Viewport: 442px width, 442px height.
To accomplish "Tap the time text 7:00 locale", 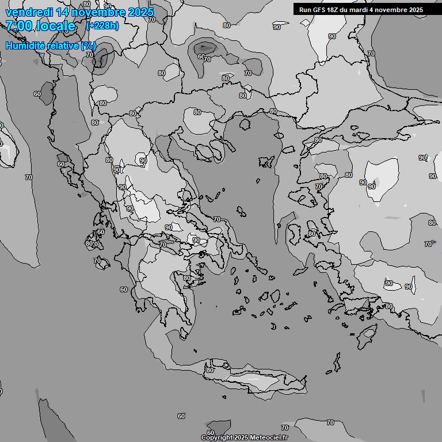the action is (x=40, y=26).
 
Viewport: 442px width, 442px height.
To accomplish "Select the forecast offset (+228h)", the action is (x=102, y=25).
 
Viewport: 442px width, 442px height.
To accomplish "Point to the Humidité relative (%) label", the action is (x=51, y=45).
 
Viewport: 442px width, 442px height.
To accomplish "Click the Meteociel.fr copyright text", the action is (x=244, y=437).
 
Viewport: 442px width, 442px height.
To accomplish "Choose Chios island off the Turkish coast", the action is (x=297, y=233).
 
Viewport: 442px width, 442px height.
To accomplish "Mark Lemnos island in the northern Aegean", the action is (x=266, y=162).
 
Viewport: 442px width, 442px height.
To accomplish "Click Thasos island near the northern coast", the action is (x=244, y=123).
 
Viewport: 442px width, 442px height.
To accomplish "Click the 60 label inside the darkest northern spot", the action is (x=201, y=56).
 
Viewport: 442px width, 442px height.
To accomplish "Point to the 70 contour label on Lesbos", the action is (x=318, y=187).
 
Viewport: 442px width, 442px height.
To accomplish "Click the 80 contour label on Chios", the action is (x=311, y=234).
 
